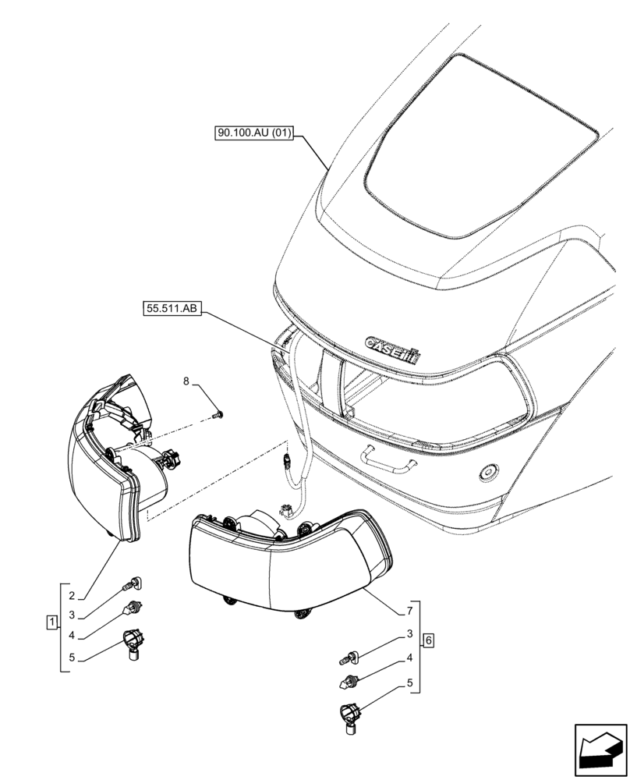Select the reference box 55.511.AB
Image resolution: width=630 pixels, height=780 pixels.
172,309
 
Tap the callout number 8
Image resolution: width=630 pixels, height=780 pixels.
186,381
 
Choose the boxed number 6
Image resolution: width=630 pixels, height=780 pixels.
428,641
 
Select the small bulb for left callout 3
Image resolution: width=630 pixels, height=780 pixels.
133,583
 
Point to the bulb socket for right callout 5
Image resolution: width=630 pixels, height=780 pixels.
350,716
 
